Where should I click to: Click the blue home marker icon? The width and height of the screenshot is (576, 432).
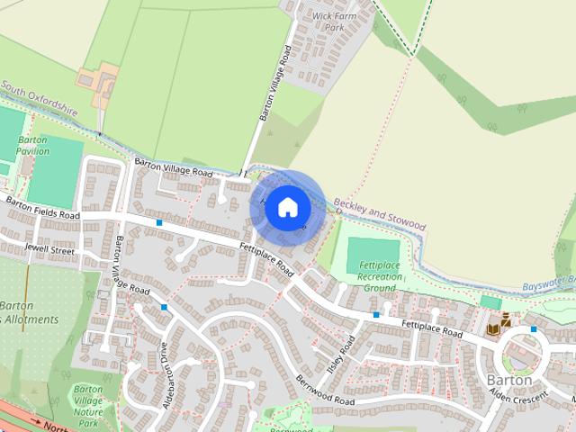click(286, 207)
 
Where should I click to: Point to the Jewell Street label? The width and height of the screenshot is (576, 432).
click(49, 249)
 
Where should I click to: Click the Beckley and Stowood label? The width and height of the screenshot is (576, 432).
click(378, 211)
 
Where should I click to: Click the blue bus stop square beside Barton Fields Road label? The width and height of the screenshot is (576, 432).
click(159, 221)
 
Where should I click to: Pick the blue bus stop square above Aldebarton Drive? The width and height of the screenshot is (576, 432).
click(164, 308)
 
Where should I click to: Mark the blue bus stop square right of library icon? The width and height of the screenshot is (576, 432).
click(534, 328)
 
